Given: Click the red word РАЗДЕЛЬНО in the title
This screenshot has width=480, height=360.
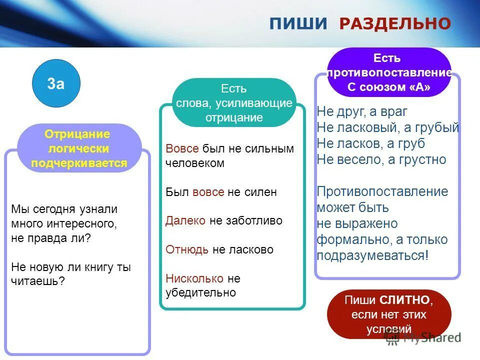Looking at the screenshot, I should [395, 23].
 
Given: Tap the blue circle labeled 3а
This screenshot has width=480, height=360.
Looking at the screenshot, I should [56, 84].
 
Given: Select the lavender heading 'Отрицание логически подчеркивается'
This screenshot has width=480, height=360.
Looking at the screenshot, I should [79, 148].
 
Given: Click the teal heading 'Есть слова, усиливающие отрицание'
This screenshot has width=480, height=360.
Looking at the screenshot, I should [234, 103].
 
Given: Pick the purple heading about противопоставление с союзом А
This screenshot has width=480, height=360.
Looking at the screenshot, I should [389, 73].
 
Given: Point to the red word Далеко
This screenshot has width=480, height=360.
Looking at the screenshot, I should [185, 220].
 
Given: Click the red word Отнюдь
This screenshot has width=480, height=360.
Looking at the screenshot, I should [187, 249].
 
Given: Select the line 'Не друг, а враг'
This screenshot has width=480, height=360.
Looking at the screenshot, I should [362, 111].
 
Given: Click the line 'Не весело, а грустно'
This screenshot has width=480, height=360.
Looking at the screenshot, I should [381, 159].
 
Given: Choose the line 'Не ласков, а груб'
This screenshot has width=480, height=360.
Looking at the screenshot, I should [370, 143].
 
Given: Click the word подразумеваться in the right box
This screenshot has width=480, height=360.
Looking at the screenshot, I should [370, 255].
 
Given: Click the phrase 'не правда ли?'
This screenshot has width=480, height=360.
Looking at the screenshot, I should [51, 238].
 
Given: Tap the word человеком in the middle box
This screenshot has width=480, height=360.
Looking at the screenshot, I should [195, 163].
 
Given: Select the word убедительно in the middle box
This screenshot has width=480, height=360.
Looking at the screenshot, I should [201, 292].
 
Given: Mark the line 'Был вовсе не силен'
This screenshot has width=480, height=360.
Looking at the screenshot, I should [221, 192].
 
